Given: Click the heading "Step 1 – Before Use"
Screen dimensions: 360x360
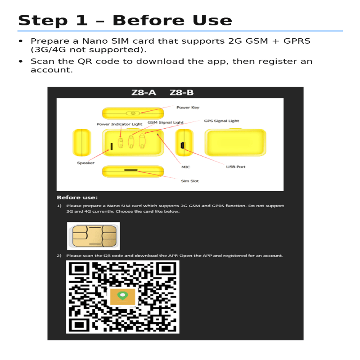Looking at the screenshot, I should coord(125,20).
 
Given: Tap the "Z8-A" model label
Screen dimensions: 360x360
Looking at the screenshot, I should coord(144,93).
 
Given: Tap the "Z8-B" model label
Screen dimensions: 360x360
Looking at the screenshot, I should coord(181,93).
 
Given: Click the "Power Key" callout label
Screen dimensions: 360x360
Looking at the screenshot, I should coord(188,108).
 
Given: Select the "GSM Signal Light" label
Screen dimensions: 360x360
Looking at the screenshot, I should coord(166,122).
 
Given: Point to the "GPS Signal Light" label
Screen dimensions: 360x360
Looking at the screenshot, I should coord(221,121).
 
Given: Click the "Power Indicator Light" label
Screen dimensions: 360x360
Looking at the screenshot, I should coord(119,124).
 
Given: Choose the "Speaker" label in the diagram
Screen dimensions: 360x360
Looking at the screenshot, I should coord(85,163).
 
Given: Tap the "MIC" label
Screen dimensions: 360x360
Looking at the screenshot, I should coord(185,167).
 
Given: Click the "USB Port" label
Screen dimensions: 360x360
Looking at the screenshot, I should coord(235,167).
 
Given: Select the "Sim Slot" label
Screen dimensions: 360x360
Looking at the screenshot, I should coord(189,181).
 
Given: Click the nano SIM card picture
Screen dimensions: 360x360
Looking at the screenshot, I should coord(93,236).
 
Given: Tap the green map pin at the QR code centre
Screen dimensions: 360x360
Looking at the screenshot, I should coord(122,296).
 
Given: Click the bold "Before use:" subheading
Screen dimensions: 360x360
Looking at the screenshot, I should coord(77,197).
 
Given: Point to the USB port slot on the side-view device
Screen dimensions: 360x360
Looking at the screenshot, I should coord(182,145).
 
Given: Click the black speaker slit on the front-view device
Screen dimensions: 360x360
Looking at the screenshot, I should coord(110,146).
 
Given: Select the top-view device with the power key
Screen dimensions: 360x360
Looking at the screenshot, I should coord(133,113).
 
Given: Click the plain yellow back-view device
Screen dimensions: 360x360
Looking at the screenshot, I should coord(235,142).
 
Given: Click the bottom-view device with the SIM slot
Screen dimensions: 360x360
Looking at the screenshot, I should coord(133,171).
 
